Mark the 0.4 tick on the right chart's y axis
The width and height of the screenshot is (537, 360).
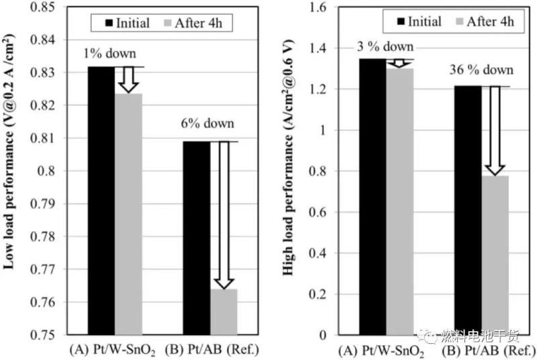click(x=322, y=253)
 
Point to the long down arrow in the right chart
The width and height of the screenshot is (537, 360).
click(x=495, y=130)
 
